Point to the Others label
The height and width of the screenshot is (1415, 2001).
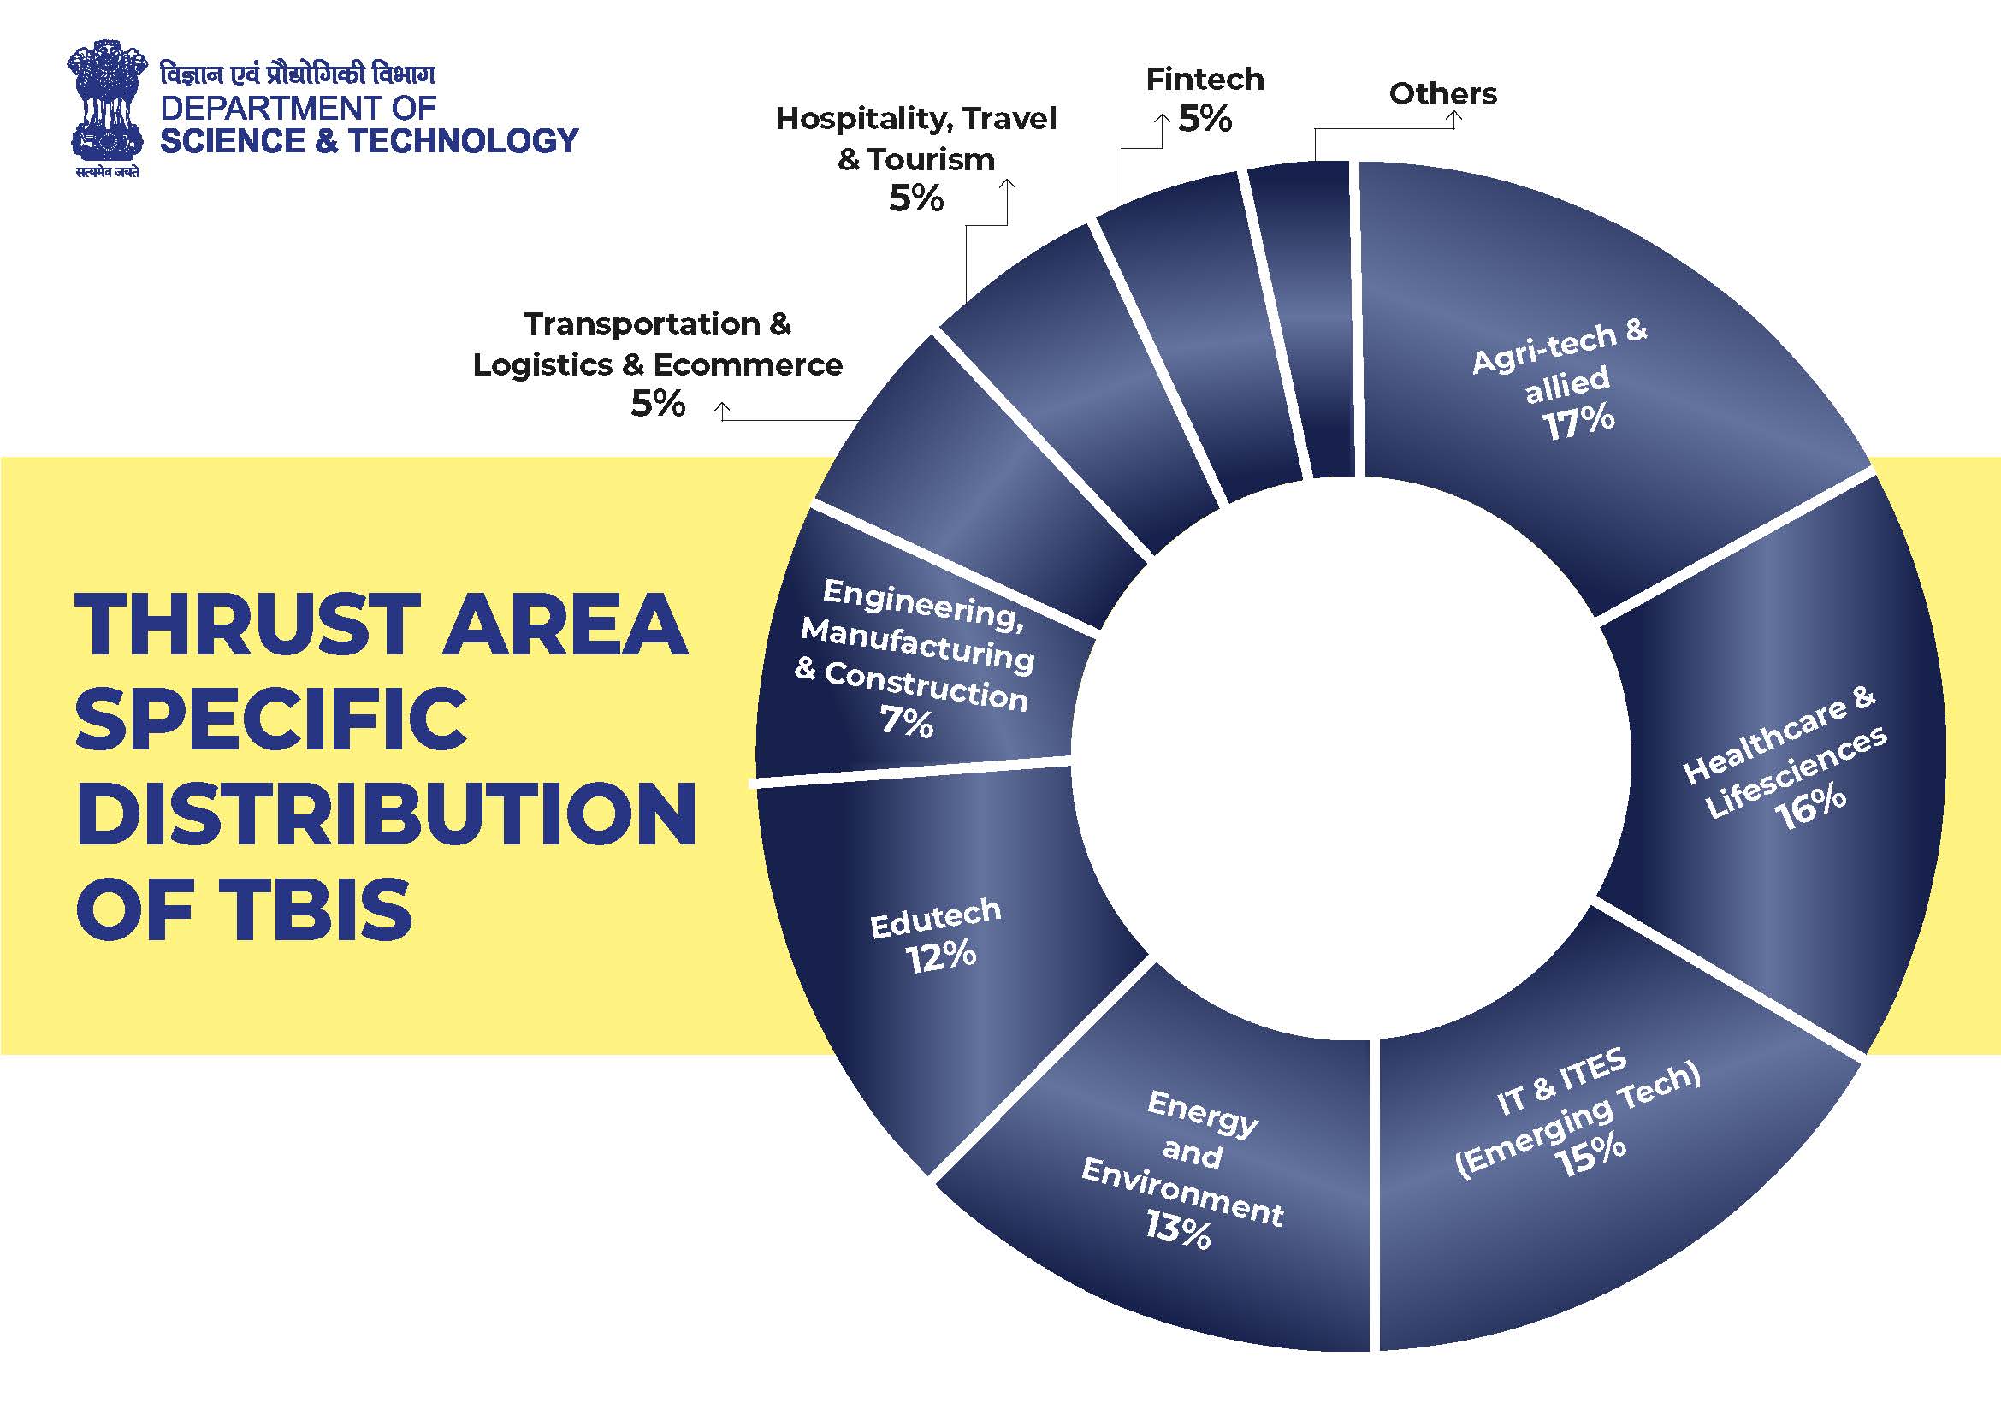tap(1442, 93)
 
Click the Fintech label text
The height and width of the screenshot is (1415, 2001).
tap(1205, 80)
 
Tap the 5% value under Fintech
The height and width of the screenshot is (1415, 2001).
tap(1205, 120)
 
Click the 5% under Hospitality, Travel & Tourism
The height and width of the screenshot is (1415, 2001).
tap(916, 199)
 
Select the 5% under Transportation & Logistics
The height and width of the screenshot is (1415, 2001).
tap(658, 405)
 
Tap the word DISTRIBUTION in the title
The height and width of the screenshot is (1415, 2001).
tap(387, 814)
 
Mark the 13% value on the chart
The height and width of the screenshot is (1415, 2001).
tap(1178, 1229)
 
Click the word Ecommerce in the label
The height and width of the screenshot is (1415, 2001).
tap(748, 365)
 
